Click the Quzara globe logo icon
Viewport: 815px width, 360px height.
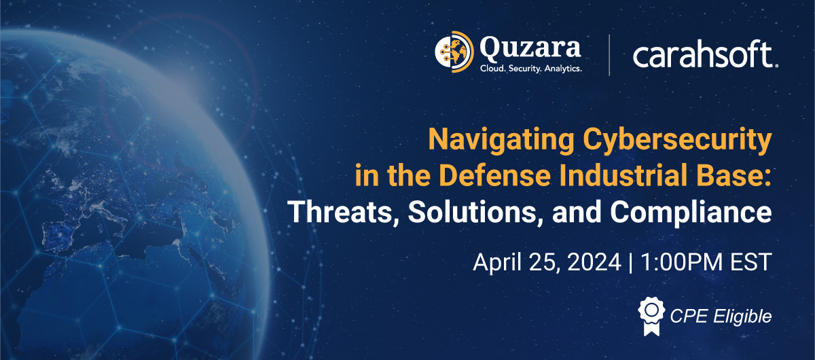454,52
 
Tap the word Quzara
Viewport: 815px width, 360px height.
530,49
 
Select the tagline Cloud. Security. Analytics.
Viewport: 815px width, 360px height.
531,69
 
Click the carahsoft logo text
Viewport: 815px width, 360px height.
705,54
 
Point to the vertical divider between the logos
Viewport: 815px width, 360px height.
609,55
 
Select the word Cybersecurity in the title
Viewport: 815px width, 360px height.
678,140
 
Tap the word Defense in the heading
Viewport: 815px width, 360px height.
495,175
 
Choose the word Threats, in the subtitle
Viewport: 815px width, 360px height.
344,212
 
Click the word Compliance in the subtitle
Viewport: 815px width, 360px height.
691,213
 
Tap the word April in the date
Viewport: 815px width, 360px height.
497,262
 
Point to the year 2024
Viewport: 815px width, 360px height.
594,262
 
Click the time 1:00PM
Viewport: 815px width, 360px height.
681,262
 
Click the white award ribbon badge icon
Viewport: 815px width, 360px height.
651,316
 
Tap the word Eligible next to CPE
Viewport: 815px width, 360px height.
742,317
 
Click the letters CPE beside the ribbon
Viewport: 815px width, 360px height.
689,316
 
